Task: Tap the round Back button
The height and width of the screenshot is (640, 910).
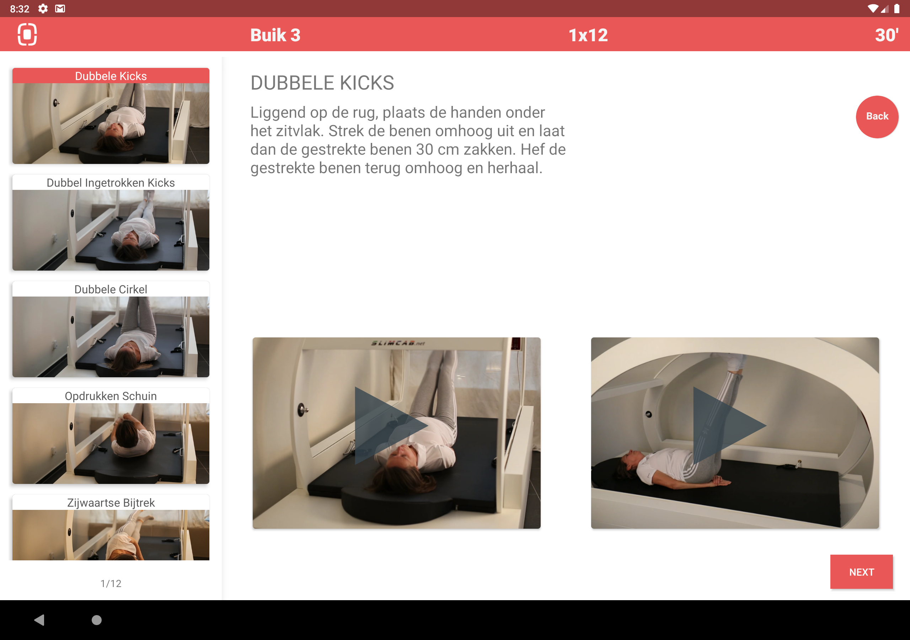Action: pyautogui.click(x=877, y=117)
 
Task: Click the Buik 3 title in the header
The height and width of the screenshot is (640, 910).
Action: pyautogui.click(x=275, y=35)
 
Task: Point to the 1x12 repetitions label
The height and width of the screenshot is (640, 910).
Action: pyautogui.click(x=588, y=35)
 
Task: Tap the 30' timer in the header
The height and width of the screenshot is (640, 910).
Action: pyautogui.click(x=887, y=35)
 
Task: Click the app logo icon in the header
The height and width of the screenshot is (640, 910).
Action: pyautogui.click(x=27, y=34)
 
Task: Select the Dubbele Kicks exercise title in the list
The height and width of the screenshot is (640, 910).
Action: pyautogui.click(x=111, y=76)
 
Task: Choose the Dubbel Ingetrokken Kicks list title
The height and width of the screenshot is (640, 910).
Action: pyautogui.click(x=111, y=182)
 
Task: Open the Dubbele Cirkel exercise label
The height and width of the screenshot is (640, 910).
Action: pyautogui.click(x=111, y=289)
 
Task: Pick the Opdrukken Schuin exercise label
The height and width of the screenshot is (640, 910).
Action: pyautogui.click(x=111, y=396)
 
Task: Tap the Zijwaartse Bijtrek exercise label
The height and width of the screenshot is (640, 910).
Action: pyautogui.click(x=111, y=502)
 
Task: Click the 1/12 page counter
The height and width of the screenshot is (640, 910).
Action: pyautogui.click(x=111, y=583)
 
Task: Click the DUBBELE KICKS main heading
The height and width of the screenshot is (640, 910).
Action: pyautogui.click(x=322, y=83)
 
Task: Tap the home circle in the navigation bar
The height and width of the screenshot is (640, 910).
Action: pyautogui.click(x=97, y=620)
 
